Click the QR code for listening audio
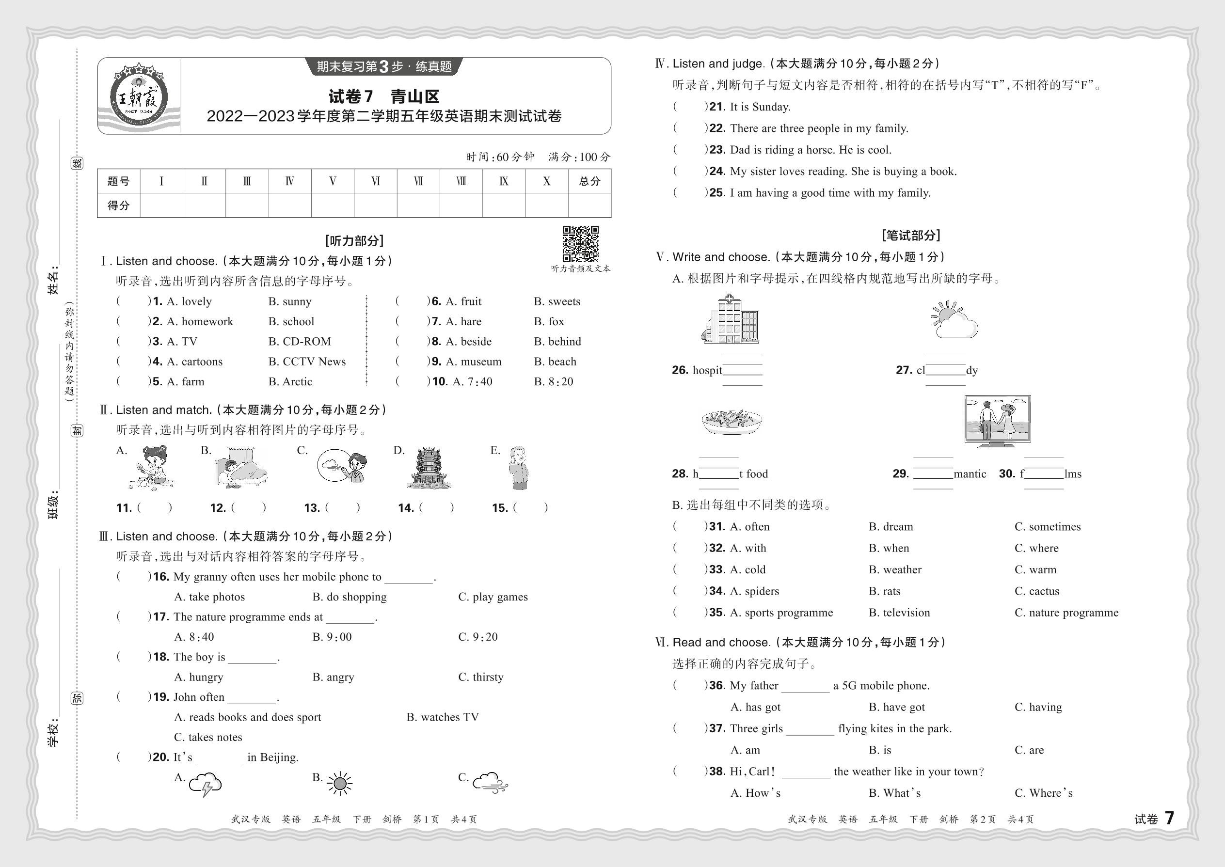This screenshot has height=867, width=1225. [580, 244]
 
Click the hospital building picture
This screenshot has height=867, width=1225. [730, 319]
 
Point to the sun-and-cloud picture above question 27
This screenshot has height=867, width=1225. [954, 320]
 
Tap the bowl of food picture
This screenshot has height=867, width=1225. [731, 422]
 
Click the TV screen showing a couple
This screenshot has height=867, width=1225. [997, 420]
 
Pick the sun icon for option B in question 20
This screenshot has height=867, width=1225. [340, 784]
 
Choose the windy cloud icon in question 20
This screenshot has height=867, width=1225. [490, 783]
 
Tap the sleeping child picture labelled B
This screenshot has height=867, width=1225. [240, 468]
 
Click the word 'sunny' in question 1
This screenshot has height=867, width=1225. [296, 301]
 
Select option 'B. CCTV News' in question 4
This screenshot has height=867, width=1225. [307, 362]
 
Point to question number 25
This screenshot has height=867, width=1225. [717, 193]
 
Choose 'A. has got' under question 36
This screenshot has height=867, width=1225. [755, 708]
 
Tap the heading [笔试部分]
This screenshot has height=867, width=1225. [911, 236]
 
